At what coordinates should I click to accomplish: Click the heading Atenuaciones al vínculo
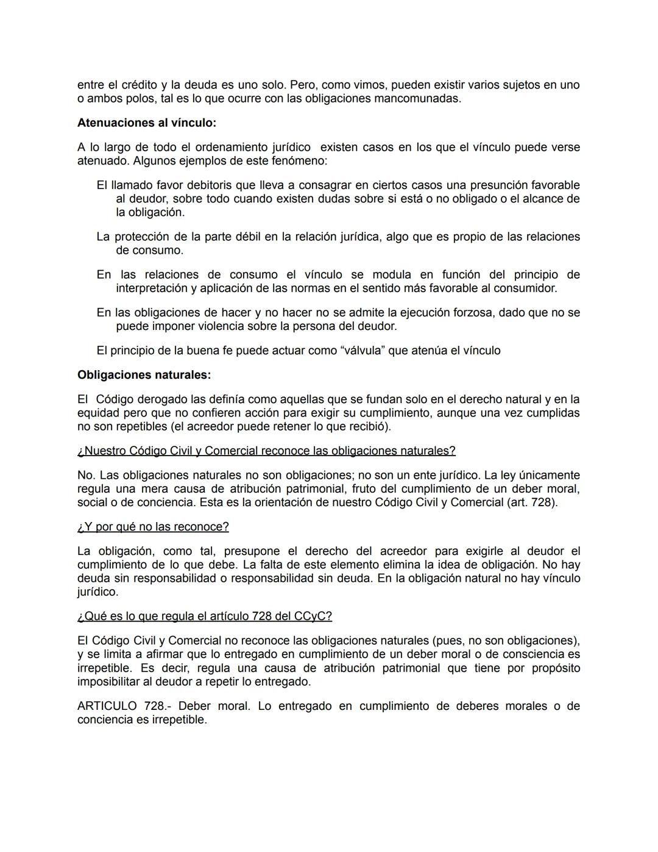[146, 123]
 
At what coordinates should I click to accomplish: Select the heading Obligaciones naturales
[144, 374]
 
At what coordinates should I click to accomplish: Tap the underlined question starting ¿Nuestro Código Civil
[266, 451]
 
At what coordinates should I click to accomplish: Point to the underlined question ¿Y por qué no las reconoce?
[153, 526]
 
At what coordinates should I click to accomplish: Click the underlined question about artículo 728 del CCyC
[204, 616]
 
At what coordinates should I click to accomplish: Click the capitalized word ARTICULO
[107, 706]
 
